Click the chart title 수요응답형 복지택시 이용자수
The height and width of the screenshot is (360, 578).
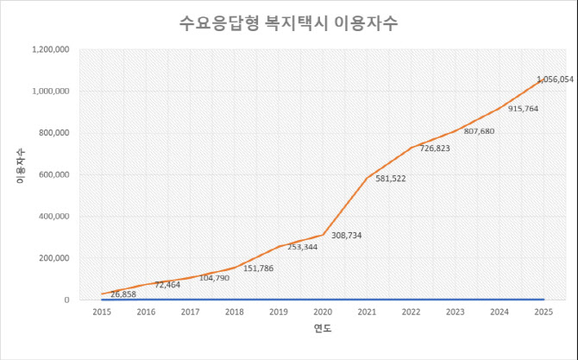[289, 21]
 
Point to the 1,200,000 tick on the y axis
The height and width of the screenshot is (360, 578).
[50, 49]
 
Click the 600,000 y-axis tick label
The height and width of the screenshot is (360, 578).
[53, 174]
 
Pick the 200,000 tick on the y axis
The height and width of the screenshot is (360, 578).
[53, 258]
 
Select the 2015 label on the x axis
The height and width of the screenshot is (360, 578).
[101, 311]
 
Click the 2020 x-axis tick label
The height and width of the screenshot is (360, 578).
[322, 311]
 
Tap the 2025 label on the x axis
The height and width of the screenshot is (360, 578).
[543, 311]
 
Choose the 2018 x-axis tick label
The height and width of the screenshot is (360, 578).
[233, 311]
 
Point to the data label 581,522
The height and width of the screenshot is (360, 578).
[391, 179]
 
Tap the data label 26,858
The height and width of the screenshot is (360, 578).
[123, 294]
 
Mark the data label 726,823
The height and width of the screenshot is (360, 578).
[434, 148]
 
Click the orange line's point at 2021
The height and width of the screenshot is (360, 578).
[366, 179]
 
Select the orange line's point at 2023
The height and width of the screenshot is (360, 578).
[455, 131]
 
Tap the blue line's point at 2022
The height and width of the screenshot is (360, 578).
[410, 300]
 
